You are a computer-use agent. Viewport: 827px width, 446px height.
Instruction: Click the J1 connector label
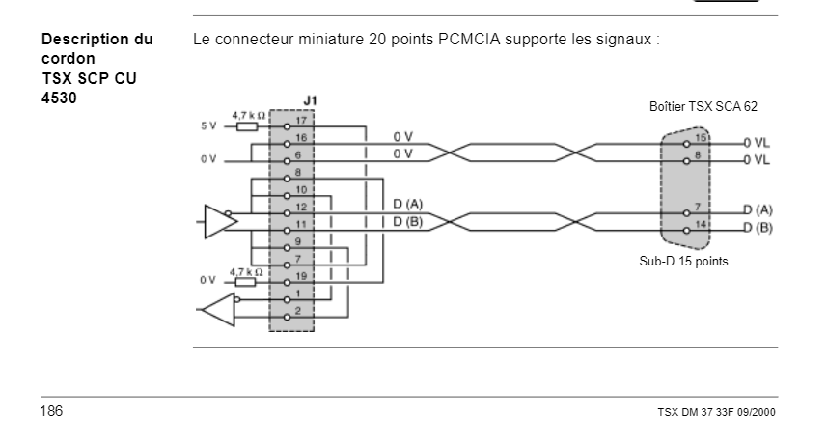point(309,99)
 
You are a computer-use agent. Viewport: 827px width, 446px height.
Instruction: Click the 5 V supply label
point(207,125)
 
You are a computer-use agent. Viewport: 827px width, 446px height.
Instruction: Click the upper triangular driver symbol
point(219,221)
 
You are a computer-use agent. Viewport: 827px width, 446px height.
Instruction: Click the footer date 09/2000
point(754,414)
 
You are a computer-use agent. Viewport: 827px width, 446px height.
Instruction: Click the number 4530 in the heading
point(60,97)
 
